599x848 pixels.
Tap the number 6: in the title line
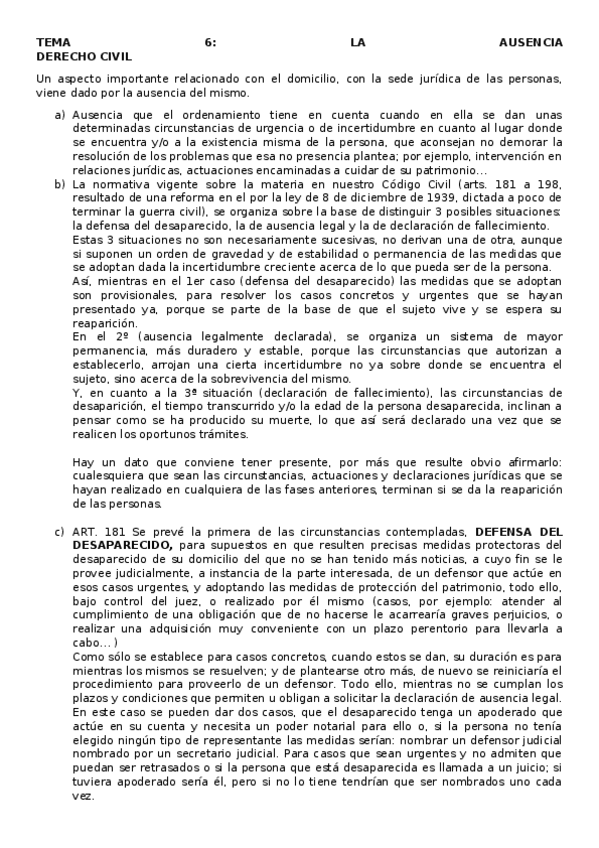[209, 43]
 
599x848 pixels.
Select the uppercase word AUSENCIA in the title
[530, 43]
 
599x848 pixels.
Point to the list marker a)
[61, 114]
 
